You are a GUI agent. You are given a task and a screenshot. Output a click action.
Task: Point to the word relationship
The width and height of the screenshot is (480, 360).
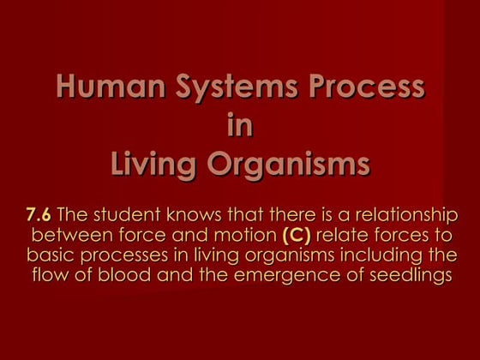(x=405, y=214)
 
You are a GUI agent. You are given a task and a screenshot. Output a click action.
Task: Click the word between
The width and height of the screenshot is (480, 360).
(x=64, y=235)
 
